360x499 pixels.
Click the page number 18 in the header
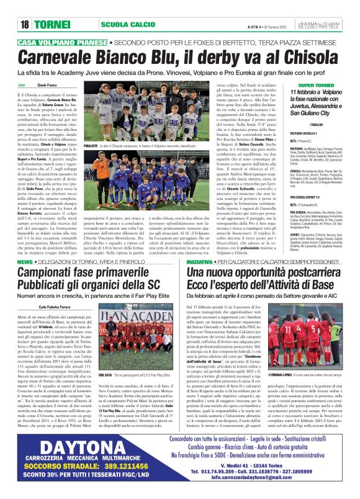25,25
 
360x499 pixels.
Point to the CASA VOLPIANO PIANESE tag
61,42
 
